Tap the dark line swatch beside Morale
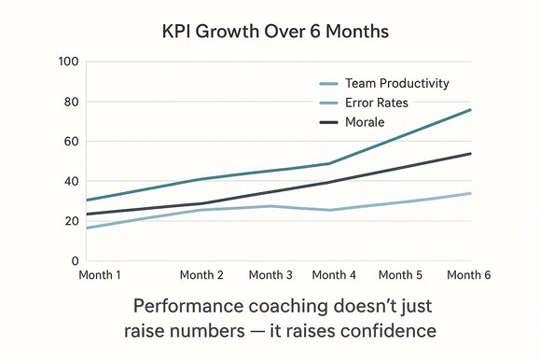[x=328, y=122]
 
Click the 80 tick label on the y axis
[x=69, y=103]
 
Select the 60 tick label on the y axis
[x=69, y=143]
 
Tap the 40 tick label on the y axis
[x=69, y=182]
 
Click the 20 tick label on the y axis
[x=69, y=222]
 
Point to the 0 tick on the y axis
[x=73, y=262]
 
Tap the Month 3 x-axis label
[x=271, y=276]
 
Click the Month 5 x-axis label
[x=402, y=276]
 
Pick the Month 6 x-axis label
[x=470, y=276]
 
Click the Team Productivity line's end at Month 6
[x=470, y=110]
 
